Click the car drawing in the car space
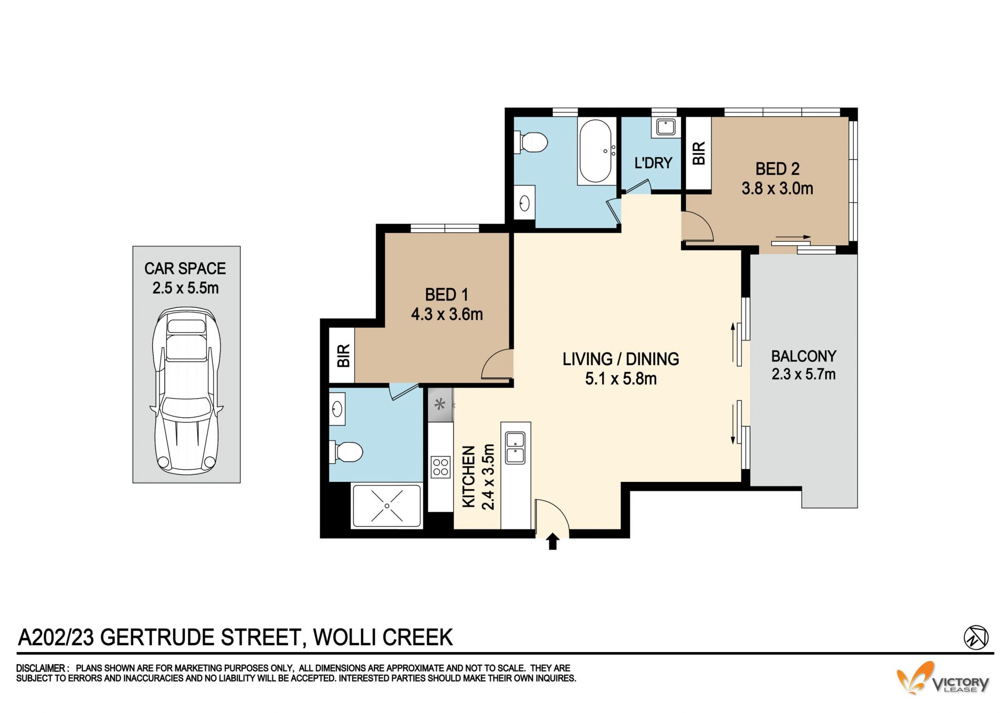[x=186, y=391]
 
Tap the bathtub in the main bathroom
[x=596, y=151]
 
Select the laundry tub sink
[x=666, y=127]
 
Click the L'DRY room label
[x=653, y=163]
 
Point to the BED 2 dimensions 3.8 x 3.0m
[x=777, y=188]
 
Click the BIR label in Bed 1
[x=343, y=356]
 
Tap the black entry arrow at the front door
[x=552, y=541]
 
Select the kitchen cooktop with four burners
[x=440, y=467]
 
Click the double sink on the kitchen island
[x=515, y=448]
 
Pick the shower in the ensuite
[x=386, y=505]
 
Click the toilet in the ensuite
[x=346, y=451]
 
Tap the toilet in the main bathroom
[x=531, y=142]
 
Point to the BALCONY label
[x=803, y=356]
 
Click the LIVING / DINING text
[x=621, y=359]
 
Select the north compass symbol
[x=976, y=637]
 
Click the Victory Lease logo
[x=943, y=678]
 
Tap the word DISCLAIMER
[x=41, y=668]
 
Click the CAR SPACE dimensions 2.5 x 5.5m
[x=185, y=288]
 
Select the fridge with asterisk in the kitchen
[x=440, y=405]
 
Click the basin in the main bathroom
[x=524, y=202]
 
